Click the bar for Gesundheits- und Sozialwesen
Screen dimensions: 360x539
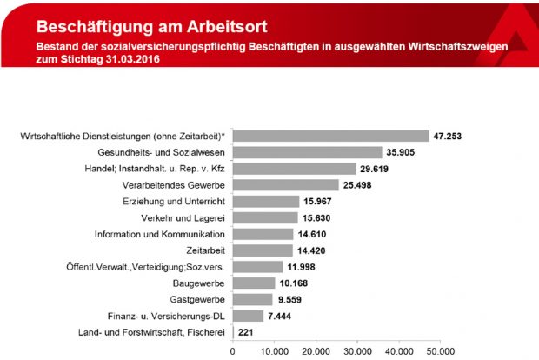[x=307, y=152]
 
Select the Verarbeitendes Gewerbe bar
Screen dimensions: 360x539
[x=285, y=185]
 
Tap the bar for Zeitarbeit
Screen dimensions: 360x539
[x=262, y=250]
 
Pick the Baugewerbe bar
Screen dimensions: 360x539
[x=253, y=283]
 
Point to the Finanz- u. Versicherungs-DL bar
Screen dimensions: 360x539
[x=248, y=316]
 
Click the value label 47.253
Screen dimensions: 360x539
[x=450, y=137]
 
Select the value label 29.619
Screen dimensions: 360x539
[x=377, y=169]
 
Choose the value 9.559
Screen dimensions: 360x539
[x=292, y=299]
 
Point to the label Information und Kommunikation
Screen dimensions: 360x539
[x=163, y=234]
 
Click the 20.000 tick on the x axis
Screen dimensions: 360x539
[x=316, y=352]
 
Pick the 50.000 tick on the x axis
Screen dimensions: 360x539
[x=441, y=352]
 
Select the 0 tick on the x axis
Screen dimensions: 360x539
[x=232, y=352]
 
